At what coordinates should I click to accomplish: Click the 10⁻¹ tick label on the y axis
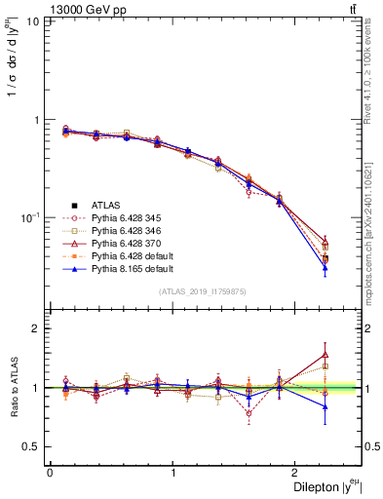pos(29,216)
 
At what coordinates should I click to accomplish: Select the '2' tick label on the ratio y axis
pos(36,328)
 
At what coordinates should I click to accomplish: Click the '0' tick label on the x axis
pos(50,472)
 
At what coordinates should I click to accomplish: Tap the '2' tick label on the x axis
pos(297,472)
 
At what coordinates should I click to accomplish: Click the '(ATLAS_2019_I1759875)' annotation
pos(203,290)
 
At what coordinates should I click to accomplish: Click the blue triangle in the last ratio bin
pos(326,406)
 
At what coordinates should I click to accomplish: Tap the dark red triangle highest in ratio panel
pos(326,355)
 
